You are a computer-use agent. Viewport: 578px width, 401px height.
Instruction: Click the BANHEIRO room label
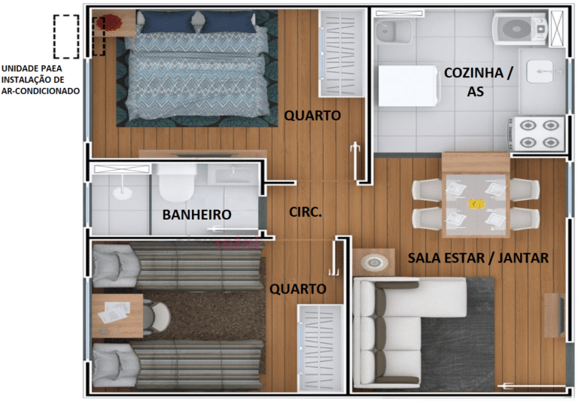[x=196, y=214]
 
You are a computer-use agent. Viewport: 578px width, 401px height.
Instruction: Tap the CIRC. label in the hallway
[x=306, y=213]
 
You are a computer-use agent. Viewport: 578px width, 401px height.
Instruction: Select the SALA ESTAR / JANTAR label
[x=478, y=258]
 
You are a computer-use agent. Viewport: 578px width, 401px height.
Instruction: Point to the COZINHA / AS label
[x=479, y=82]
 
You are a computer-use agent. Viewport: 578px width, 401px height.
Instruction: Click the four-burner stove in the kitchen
[x=537, y=133]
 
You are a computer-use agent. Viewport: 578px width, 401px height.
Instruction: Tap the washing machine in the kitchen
[x=519, y=30]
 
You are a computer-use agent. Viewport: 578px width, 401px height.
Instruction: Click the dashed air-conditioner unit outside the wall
[x=66, y=36]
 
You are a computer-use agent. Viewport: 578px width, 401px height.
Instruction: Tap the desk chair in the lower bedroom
[x=157, y=316]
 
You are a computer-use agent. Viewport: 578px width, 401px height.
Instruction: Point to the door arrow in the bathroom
[x=222, y=230]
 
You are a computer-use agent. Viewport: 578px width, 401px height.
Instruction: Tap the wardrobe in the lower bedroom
[x=321, y=347]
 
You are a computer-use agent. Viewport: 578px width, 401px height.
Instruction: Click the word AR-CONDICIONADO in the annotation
[x=41, y=91]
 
